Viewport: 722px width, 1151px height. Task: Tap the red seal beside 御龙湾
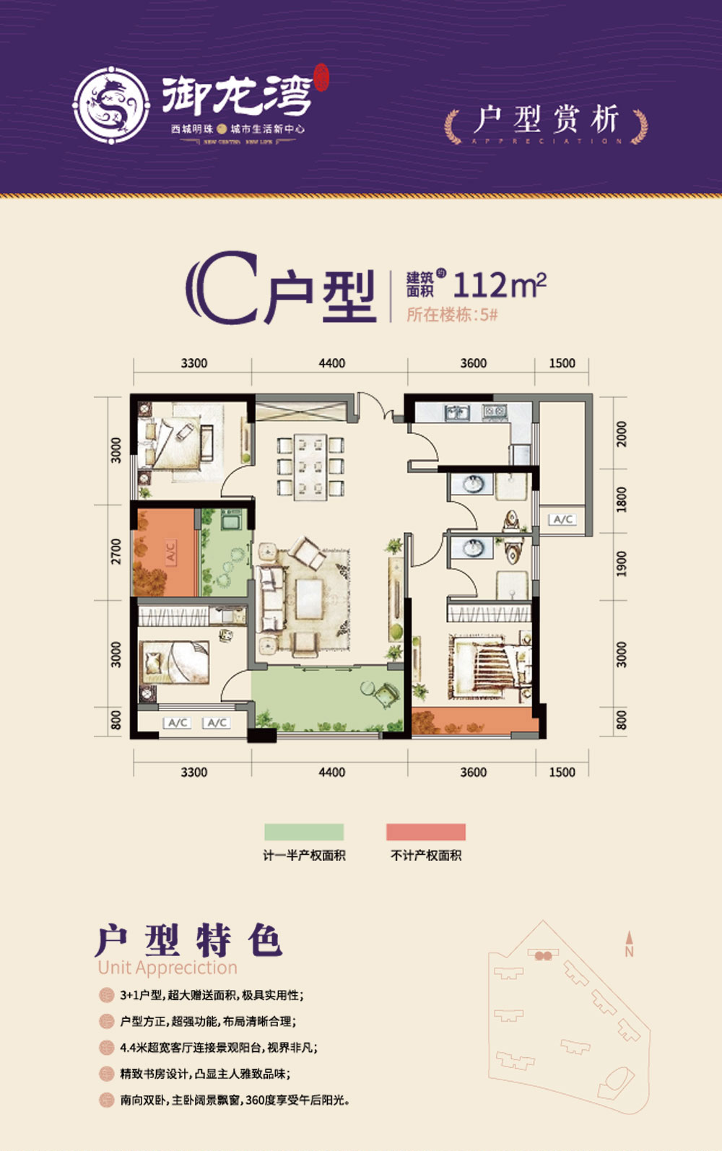[x=321, y=78]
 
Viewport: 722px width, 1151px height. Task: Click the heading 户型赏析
[x=546, y=120]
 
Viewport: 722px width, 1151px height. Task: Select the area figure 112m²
[x=499, y=286]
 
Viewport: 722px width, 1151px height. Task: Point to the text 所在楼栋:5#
[x=452, y=315]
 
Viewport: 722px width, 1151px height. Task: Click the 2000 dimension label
[x=622, y=433]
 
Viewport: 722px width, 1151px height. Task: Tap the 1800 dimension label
[x=622, y=499]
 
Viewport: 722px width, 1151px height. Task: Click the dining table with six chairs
[x=310, y=466]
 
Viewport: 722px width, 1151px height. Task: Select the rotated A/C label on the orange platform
[x=171, y=552]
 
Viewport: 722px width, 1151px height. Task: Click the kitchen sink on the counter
[x=457, y=413]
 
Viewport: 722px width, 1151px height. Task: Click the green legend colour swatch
[x=304, y=832]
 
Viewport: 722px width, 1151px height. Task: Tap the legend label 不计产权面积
[x=426, y=856]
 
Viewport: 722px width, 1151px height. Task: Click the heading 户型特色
[x=188, y=940]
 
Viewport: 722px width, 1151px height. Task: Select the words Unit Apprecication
[x=168, y=968]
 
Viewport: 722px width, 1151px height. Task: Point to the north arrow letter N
[x=629, y=952]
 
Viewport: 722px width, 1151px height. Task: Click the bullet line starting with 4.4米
[x=218, y=1048]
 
